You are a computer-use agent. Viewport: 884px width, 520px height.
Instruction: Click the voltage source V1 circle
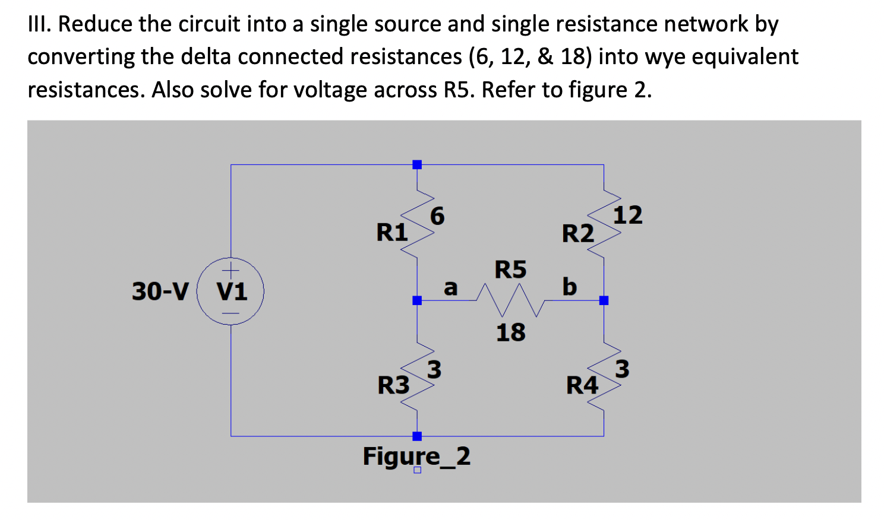[231, 291]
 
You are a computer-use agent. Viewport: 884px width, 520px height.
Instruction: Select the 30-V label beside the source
[160, 291]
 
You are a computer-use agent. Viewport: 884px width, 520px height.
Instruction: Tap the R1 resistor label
[392, 232]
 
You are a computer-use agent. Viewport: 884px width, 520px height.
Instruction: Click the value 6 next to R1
[437, 216]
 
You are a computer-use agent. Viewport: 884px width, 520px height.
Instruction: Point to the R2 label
[577, 233]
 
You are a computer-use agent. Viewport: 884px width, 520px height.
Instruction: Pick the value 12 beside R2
[627, 215]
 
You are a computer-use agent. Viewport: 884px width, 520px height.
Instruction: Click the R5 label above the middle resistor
[510, 269]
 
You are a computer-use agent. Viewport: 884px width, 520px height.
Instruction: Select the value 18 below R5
[510, 332]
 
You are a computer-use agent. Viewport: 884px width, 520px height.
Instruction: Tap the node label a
[451, 288]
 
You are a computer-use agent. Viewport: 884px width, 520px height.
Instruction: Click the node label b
[569, 286]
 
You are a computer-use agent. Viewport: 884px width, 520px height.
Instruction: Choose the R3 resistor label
[393, 385]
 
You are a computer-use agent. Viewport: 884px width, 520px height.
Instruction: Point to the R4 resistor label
[582, 385]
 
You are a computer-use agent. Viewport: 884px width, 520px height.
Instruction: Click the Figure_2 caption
[416, 456]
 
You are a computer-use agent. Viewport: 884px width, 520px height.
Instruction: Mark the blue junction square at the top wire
[417, 164]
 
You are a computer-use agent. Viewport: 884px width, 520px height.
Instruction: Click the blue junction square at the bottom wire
[417, 436]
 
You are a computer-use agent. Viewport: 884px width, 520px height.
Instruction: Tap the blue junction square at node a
[417, 300]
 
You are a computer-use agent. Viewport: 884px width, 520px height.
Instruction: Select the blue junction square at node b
[604, 300]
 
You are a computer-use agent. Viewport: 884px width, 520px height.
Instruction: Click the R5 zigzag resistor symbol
[511, 300]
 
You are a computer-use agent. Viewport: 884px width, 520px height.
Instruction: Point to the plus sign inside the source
[231, 268]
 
